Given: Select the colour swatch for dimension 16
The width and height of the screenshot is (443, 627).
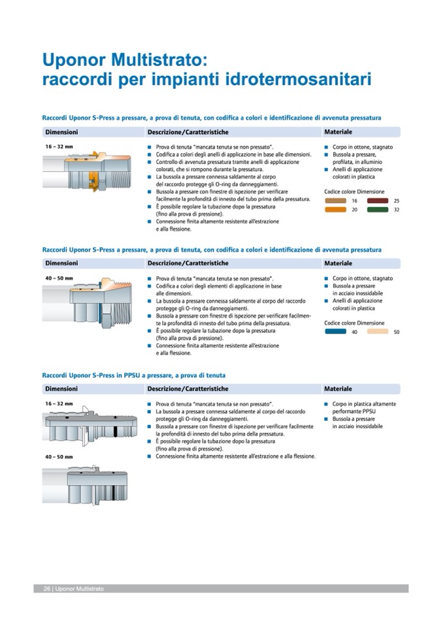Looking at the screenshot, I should coord(337,201).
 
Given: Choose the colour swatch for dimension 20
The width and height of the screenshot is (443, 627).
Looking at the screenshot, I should coord(337,210).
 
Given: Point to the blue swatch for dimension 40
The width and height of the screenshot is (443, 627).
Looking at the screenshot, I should coord(337,331).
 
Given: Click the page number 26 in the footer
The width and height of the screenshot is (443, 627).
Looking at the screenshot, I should coord(47,589).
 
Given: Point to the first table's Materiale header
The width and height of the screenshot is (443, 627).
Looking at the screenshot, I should coord(338,132).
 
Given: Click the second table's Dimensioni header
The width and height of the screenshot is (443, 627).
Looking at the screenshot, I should coord(61,263).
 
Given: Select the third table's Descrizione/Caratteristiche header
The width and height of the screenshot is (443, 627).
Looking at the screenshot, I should coord(188,388).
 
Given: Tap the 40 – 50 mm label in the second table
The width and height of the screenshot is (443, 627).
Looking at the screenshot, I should coord(59,278).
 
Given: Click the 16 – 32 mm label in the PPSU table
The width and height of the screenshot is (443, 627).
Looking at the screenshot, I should coord(59,404).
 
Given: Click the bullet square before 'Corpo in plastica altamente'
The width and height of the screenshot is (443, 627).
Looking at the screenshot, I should coord(326,404).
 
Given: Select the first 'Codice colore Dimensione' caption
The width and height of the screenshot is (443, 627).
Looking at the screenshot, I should coord(354,192).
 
